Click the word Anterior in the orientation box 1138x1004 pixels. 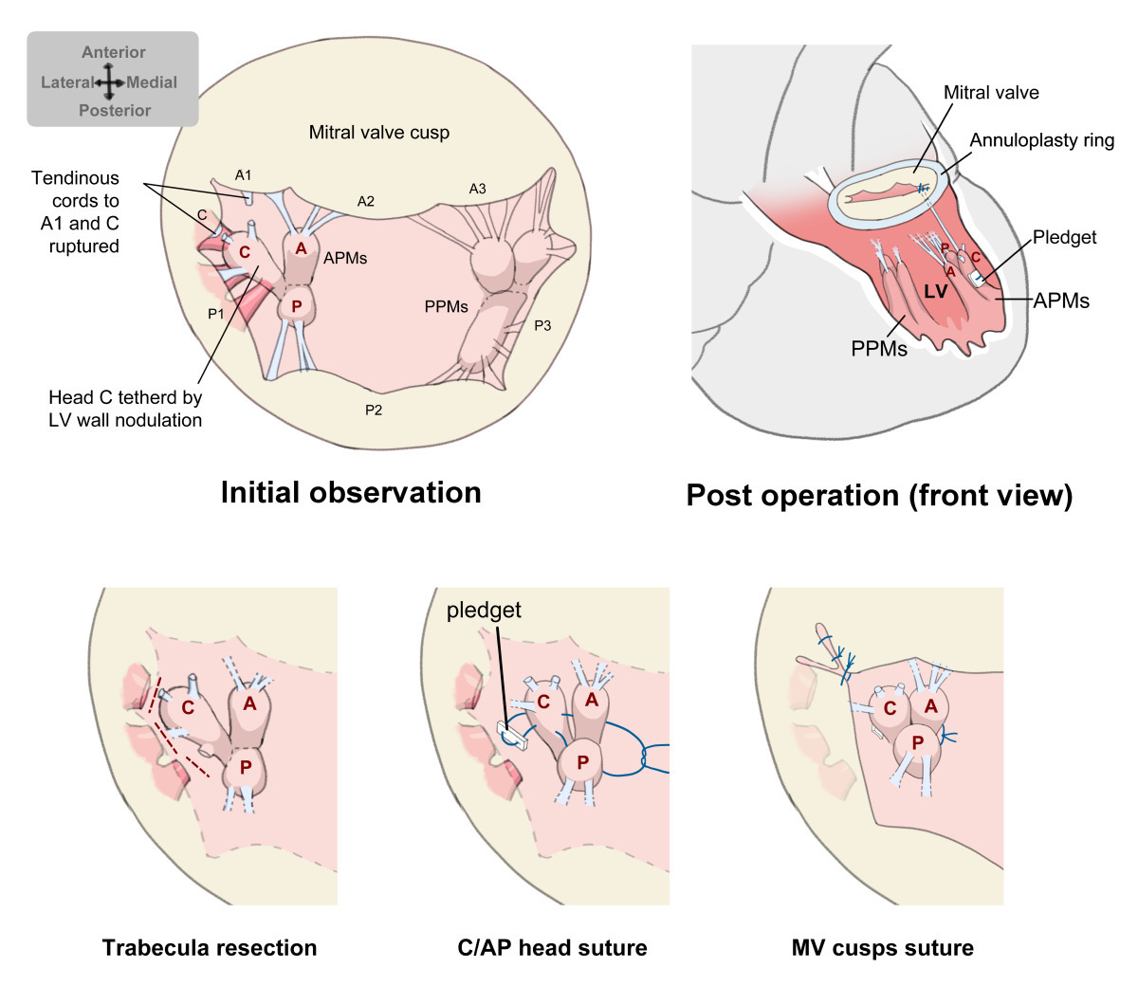pyautogui.click(x=114, y=52)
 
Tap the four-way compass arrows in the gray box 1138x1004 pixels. pyautogui.click(x=109, y=82)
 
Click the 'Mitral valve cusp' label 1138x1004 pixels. pyautogui.click(x=379, y=133)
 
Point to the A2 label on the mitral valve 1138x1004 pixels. pyautogui.click(x=366, y=201)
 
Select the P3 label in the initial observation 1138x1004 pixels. pyautogui.click(x=542, y=325)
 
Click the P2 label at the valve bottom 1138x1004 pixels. pyautogui.click(x=374, y=410)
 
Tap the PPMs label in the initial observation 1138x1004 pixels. pyautogui.click(x=447, y=306)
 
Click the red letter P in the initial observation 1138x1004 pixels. pyautogui.click(x=297, y=306)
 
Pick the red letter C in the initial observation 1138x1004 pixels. pyautogui.click(x=245, y=251)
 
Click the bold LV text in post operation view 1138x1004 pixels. pyautogui.click(x=936, y=291)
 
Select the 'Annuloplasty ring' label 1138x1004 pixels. pyautogui.click(x=1042, y=140)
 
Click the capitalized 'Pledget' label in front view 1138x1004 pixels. pyautogui.click(x=1064, y=237)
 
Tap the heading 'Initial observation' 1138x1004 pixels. pyautogui.click(x=351, y=492)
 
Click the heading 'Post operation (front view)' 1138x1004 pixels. pyautogui.click(x=880, y=495)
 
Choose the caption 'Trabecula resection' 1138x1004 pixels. pyautogui.click(x=210, y=947)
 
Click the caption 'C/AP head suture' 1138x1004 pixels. pyautogui.click(x=552, y=947)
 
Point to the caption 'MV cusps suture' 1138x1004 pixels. pyautogui.click(x=883, y=947)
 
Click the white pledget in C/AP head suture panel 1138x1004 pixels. pyautogui.click(x=513, y=736)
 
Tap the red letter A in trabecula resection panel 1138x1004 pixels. pyautogui.click(x=249, y=703)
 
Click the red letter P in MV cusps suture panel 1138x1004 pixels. pyautogui.click(x=918, y=743)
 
